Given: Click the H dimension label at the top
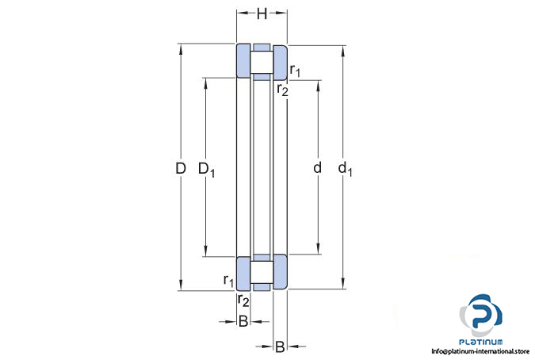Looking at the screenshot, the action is pos(262,14).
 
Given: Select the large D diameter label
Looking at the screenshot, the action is pos(181,168).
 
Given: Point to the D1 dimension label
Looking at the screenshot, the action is pos(206,169).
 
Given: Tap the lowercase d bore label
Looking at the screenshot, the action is pos(317,167).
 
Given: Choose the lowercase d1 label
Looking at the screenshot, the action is pos(345,169).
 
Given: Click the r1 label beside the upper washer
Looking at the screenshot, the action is pos(295,71).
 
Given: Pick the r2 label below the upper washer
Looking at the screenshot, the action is pos(282,90).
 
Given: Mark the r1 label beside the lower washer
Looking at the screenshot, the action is pos(228,281).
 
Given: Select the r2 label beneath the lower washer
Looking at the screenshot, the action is pos(243,301).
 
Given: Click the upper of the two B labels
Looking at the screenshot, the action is pos(243,321).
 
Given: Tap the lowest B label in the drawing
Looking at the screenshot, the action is pos(280,347).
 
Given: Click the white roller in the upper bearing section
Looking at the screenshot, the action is pos(262,62).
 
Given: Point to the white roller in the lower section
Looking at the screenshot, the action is pos(262,272).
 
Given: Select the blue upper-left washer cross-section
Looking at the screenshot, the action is pos(243,61).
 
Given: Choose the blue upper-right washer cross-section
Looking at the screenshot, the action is pos(280,63).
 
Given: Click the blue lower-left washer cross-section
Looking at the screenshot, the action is pos(243,274).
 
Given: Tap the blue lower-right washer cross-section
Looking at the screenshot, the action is pos(280,272).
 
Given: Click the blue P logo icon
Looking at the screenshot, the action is pos(481,316).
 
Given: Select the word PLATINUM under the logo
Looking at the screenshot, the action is pos(481,342).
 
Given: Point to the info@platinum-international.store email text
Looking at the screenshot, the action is pos(480,351).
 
